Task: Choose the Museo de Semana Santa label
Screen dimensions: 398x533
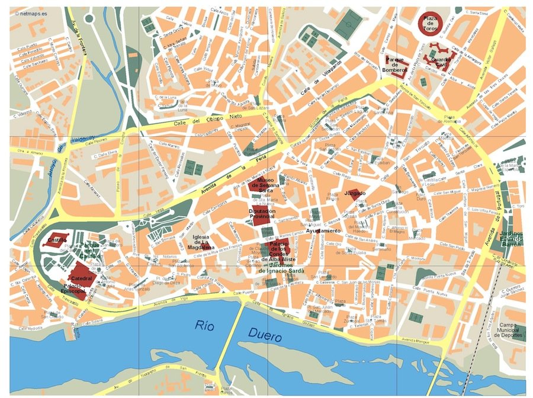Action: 262,185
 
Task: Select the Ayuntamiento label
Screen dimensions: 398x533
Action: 323,230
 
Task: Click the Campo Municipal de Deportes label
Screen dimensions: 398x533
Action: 510,330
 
